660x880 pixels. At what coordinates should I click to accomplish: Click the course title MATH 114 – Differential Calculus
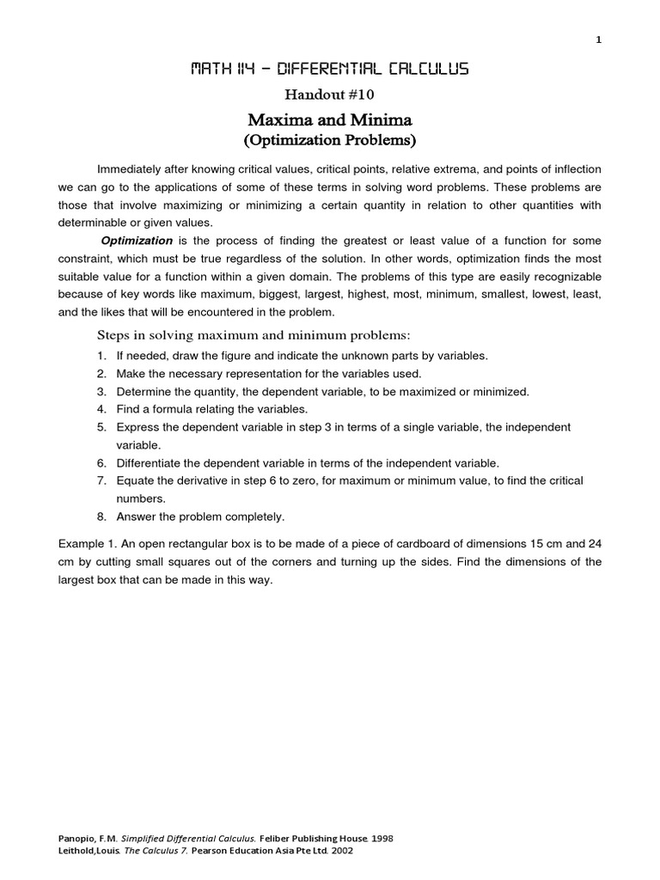pyautogui.click(x=329, y=70)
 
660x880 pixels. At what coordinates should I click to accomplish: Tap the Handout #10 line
pyautogui.click(x=329, y=95)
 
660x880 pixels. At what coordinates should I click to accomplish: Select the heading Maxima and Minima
pyautogui.click(x=329, y=119)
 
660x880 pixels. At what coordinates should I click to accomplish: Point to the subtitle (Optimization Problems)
pyautogui.click(x=329, y=139)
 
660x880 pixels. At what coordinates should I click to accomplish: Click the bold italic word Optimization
pyautogui.click(x=137, y=241)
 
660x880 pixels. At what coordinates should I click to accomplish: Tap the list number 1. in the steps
pyautogui.click(x=101, y=356)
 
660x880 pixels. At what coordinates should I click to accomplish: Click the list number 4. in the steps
pyautogui.click(x=101, y=409)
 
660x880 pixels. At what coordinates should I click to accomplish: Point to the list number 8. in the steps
pyautogui.click(x=101, y=516)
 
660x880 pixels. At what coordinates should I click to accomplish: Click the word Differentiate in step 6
pyautogui.click(x=150, y=462)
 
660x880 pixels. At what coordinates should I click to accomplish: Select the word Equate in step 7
pyautogui.click(x=136, y=480)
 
